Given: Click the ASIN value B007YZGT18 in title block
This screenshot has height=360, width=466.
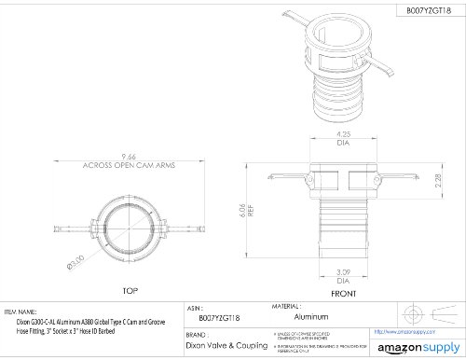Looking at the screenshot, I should pyautogui.click(x=207, y=317).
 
